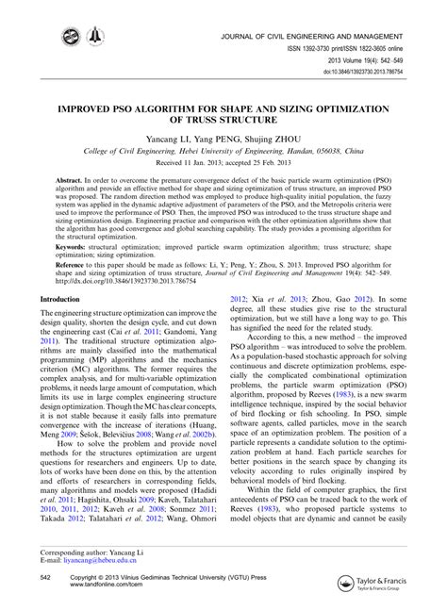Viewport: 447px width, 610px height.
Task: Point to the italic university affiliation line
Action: tap(223, 149)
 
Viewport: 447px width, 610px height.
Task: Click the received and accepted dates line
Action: tap(223, 163)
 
